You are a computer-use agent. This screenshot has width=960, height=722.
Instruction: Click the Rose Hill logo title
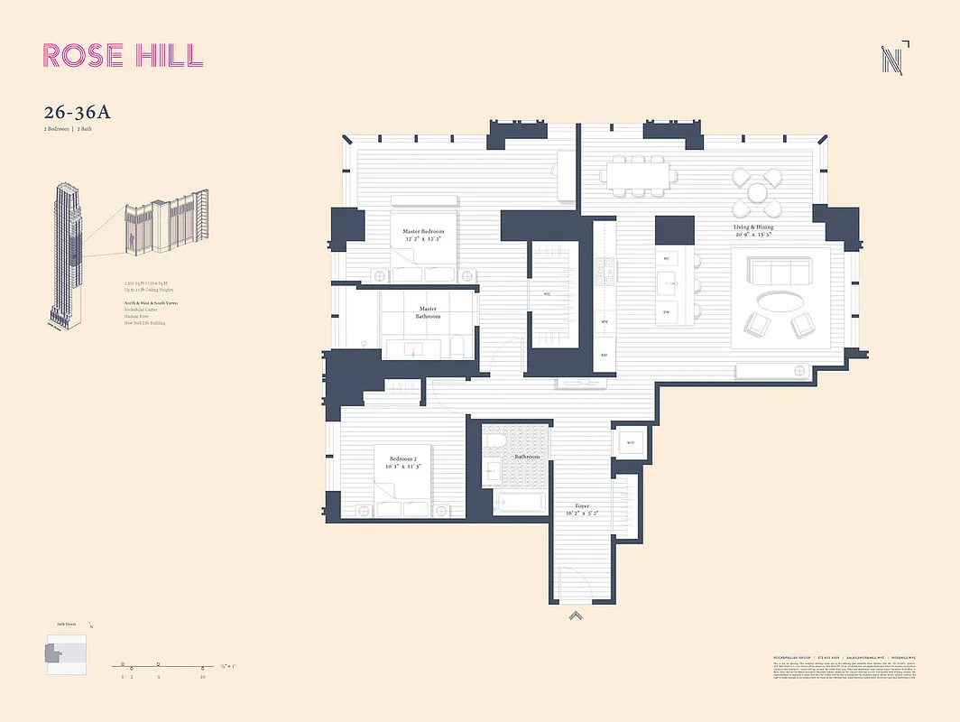[x=123, y=55]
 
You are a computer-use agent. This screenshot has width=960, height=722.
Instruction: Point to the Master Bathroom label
[x=428, y=312]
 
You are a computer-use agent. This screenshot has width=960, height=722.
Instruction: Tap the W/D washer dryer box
[x=631, y=443]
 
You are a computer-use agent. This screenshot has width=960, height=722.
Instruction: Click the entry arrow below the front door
[x=576, y=616]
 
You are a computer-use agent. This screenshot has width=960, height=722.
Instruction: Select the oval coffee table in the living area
[x=781, y=300]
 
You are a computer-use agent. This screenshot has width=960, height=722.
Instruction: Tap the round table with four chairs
[x=756, y=190]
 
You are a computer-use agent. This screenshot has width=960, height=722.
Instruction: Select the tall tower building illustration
[x=65, y=253]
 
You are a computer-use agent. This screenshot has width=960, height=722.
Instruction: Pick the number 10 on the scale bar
[x=203, y=676]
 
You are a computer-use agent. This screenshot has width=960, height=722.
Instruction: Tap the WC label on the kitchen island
[x=667, y=259]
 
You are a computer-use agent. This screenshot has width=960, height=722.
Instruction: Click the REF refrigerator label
[x=604, y=356]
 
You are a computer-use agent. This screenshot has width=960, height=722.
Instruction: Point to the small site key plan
[x=66, y=652]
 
